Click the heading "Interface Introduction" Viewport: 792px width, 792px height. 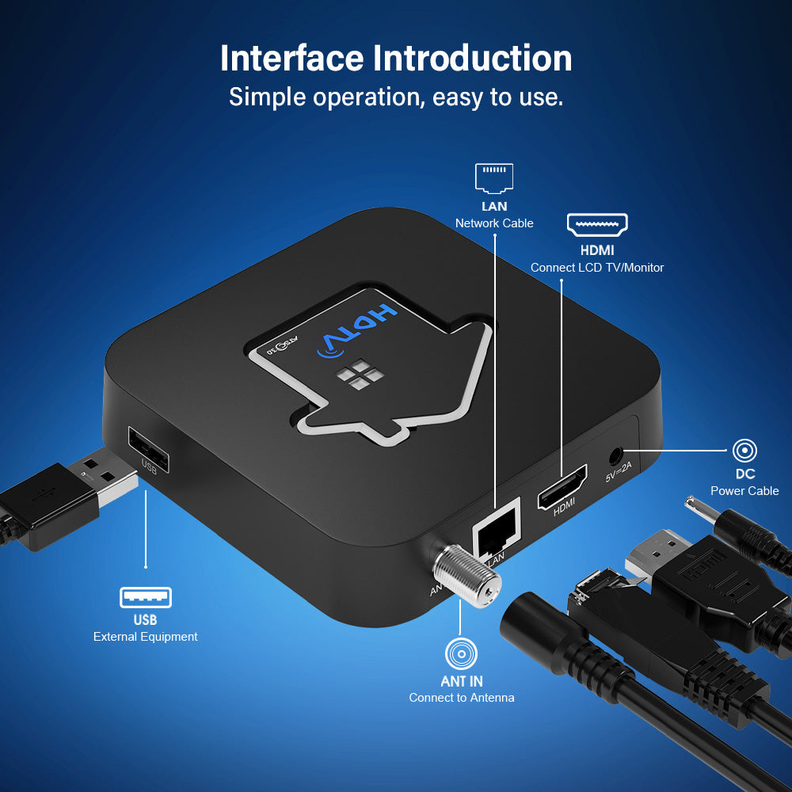click(x=396, y=58)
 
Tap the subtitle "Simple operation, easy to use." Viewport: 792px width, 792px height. click(x=396, y=97)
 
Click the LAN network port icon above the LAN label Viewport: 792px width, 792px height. click(x=494, y=178)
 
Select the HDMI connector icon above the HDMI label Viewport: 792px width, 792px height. click(x=597, y=225)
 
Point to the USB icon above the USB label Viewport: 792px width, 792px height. click(x=146, y=597)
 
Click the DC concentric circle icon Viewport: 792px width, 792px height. click(x=744, y=451)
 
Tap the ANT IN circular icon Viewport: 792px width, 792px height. click(x=461, y=653)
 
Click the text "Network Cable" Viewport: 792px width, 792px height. click(x=494, y=223)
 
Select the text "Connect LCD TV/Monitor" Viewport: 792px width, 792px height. click(x=597, y=267)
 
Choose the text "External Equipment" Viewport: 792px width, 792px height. click(x=146, y=637)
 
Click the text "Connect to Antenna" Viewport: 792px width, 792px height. click(x=462, y=698)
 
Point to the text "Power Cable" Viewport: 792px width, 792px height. click(x=744, y=490)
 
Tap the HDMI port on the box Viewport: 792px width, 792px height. click(x=562, y=487)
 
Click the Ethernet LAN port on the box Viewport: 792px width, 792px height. click(x=497, y=528)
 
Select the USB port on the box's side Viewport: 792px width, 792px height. click(x=148, y=449)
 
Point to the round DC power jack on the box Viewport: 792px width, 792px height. click(x=615, y=456)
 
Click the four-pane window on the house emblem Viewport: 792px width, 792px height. click(x=360, y=375)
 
